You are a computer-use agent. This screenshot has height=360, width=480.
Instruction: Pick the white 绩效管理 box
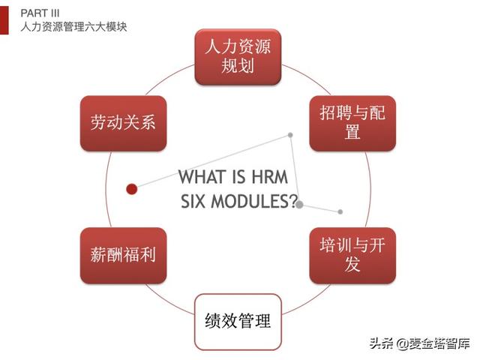238,322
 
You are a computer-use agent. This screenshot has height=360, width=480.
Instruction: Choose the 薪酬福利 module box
123,254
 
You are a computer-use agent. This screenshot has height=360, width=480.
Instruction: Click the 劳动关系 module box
123,123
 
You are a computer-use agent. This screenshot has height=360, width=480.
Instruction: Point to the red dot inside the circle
132,189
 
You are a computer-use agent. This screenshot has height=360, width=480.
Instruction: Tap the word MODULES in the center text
252,202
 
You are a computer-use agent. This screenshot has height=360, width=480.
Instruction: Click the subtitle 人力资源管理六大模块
73,27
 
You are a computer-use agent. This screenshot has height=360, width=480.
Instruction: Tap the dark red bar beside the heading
4,19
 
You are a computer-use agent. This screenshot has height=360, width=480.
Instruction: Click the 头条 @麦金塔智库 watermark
418,343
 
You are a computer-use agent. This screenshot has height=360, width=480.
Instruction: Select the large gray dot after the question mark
300,203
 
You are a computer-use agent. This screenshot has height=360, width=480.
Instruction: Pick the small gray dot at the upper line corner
290,135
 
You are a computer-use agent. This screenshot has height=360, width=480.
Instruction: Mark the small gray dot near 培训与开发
340,211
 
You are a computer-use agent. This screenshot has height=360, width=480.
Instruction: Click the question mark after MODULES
292,202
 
